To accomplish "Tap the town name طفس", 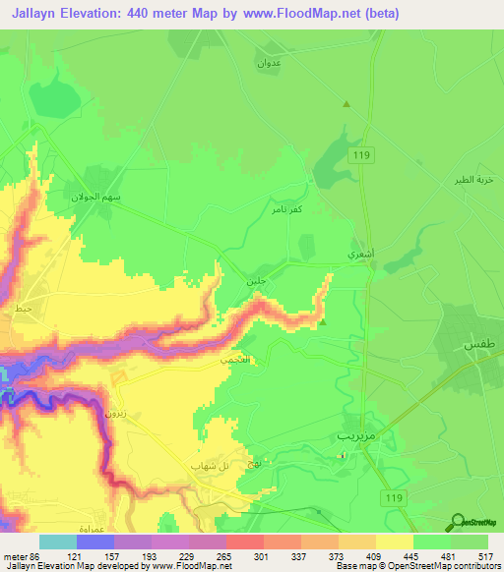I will [476, 346].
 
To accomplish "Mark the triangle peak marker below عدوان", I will [346, 103].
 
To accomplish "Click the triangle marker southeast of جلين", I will [323, 319].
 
